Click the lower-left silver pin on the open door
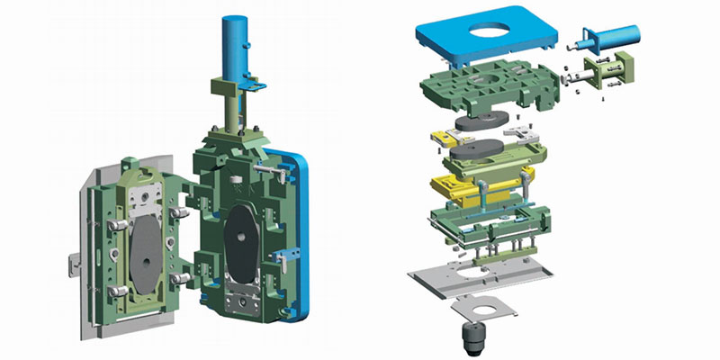[116, 292]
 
